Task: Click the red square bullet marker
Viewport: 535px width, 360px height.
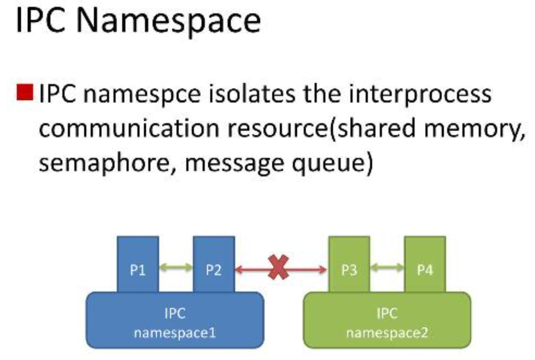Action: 24,93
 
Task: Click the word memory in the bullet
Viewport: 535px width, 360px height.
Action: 470,129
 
